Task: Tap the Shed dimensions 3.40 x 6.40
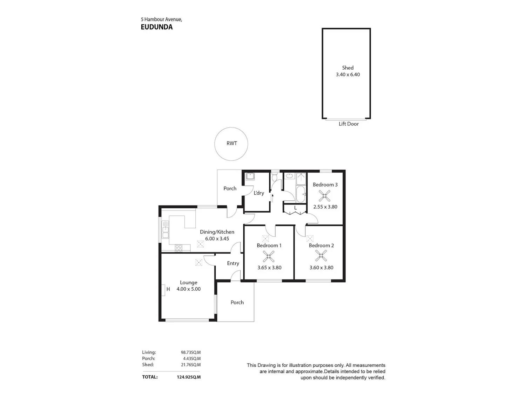348,74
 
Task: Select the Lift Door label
349,124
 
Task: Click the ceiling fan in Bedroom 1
268,256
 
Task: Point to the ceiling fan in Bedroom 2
321,256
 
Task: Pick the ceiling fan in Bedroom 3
324,196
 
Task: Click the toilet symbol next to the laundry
275,177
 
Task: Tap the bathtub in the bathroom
301,194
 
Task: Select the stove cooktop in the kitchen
178,248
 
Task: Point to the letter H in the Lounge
168,289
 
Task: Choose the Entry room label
233,263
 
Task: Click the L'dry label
259,193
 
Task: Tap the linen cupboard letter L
295,208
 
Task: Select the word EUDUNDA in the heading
156,27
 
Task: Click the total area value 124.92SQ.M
189,377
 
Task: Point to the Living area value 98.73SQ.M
190,352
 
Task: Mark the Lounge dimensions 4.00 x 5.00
189,289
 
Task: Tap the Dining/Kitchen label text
217,232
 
